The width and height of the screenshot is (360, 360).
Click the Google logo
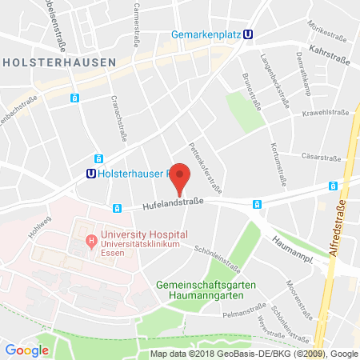point(27,350)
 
